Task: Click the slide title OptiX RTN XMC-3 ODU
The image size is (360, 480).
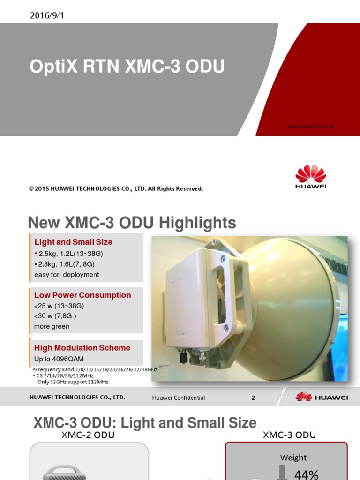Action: pyautogui.click(x=127, y=67)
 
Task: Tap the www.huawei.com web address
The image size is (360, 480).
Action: pyautogui.click(x=310, y=126)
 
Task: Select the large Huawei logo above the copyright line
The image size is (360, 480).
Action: pyautogui.click(x=310, y=177)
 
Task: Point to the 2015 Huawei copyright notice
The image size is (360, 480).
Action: pyautogui.click(x=116, y=189)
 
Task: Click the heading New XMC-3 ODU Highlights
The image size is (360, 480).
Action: pyautogui.click(x=132, y=223)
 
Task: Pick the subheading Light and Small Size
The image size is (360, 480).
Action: pyautogui.click(x=73, y=242)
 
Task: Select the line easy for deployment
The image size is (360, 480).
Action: pyautogui.click(x=67, y=275)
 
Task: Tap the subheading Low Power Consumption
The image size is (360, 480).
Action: pyautogui.click(x=82, y=295)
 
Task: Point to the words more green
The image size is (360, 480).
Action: pyautogui.click(x=52, y=326)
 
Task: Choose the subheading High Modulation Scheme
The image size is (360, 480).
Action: pyautogui.click(x=82, y=348)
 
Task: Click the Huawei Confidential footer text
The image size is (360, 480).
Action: pyautogui.click(x=179, y=397)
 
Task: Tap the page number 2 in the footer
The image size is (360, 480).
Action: pyautogui.click(x=253, y=397)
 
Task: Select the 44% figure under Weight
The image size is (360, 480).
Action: pyautogui.click(x=307, y=474)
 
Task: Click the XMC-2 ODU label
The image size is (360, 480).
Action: pyautogui.click(x=88, y=435)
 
